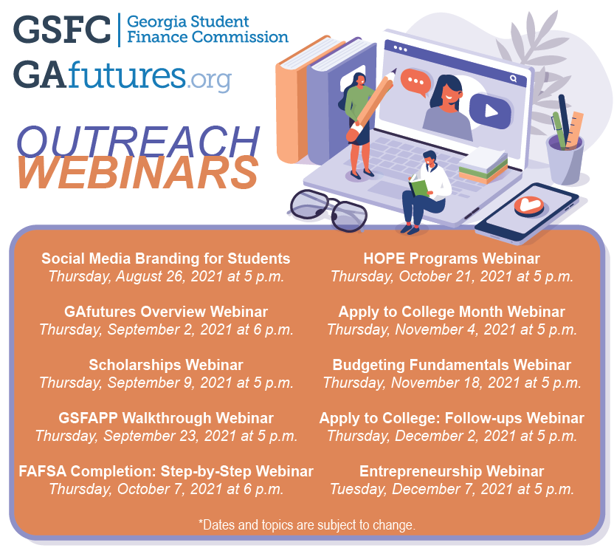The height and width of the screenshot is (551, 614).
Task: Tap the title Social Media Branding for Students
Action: point(166,259)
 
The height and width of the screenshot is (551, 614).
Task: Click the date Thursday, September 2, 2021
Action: point(166,329)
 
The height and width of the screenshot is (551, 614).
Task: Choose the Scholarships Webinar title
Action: point(166,365)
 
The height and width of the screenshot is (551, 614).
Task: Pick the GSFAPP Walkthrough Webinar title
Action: point(166,418)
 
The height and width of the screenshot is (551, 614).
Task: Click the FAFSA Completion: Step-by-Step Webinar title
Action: point(166,471)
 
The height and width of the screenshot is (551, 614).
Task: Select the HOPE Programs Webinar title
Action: point(452,259)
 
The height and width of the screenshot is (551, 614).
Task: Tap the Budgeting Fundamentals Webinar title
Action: point(452,365)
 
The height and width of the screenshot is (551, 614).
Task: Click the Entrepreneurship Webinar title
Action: point(452,471)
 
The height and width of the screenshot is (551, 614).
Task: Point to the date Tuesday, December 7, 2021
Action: point(452,488)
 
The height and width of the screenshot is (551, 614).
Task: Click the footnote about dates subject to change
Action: point(307,525)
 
